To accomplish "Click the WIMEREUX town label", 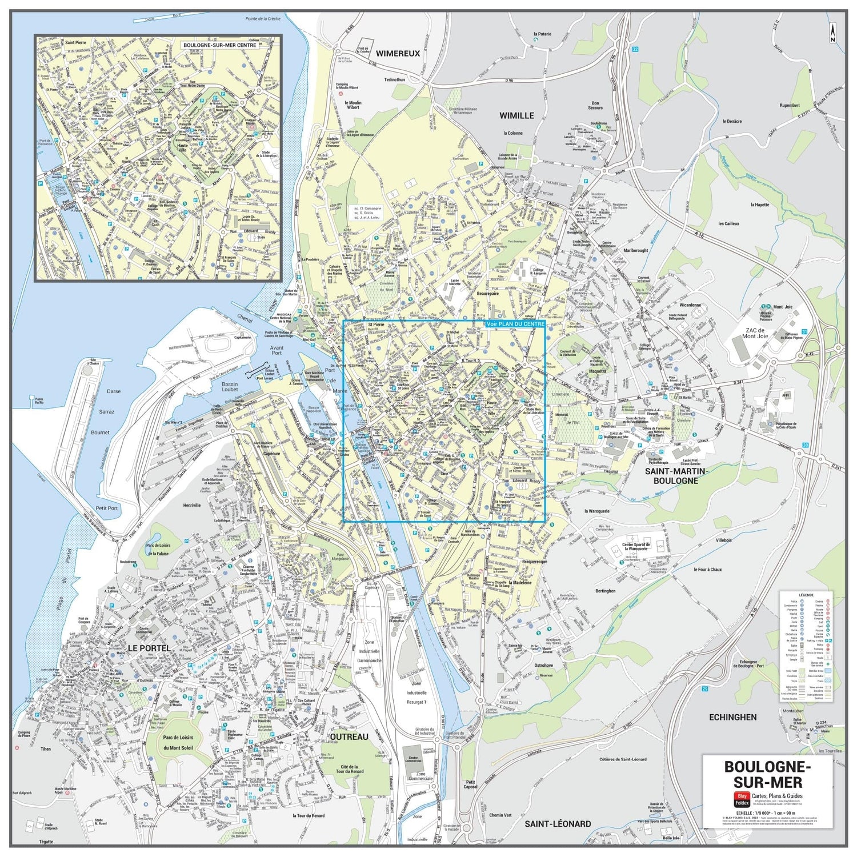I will (x=398, y=54).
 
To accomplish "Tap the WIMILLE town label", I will (x=516, y=115).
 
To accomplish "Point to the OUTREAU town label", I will (x=349, y=737).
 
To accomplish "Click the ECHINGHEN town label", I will (x=732, y=717).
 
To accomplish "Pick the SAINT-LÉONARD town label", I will (x=558, y=823).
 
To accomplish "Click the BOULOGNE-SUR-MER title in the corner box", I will (x=767, y=774).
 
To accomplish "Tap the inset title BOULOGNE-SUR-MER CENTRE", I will (x=219, y=45).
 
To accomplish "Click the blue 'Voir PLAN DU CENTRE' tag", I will (x=515, y=324).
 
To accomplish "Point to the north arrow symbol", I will (x=832, y=33).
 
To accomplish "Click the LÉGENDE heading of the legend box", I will (x=806, y=595).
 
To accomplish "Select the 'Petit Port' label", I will (x=107, y=508).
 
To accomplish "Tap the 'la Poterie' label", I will (x=542, y=34).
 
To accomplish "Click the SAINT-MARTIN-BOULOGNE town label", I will (x=676, y=476).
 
